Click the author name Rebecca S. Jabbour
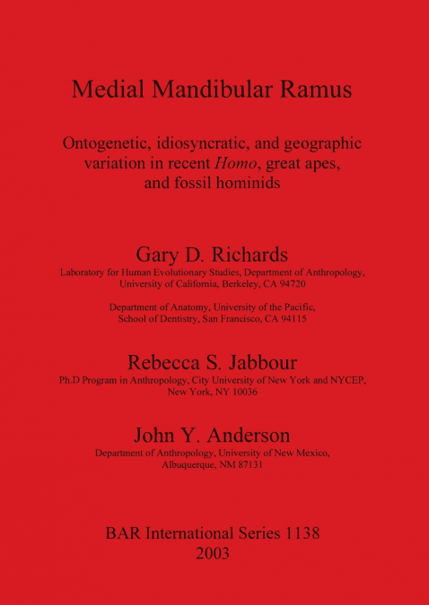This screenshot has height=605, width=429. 214,363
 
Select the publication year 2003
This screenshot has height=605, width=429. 214,553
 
